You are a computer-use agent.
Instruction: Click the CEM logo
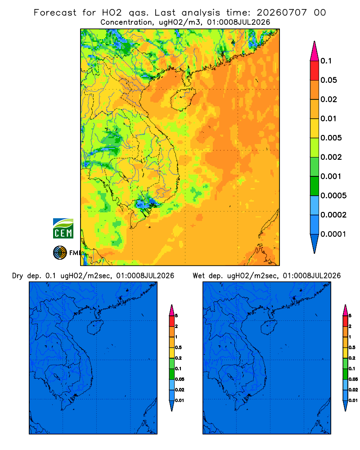[63, 229]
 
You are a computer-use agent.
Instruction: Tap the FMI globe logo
[60, 252]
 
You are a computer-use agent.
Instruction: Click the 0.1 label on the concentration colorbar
[326, 61]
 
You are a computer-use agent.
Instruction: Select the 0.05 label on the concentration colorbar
[328, 80]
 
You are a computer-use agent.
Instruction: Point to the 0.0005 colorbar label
[333, 196]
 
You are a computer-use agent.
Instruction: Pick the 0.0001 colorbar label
[333, 234]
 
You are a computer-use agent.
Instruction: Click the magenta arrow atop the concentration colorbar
[315, 51]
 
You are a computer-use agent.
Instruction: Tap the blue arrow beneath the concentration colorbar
[315, 243]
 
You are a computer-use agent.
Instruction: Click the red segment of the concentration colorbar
[315, 71]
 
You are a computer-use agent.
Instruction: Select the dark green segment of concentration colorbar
[315, 186]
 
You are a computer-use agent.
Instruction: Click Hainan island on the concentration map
[183, 99]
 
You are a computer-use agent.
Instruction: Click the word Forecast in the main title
[55, 13]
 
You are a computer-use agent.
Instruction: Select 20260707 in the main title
[282, 13]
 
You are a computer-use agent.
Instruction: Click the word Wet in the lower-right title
[198, 276]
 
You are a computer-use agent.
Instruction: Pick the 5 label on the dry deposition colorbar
[176, 316]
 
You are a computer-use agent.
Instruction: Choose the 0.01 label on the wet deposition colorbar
[353, 400]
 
